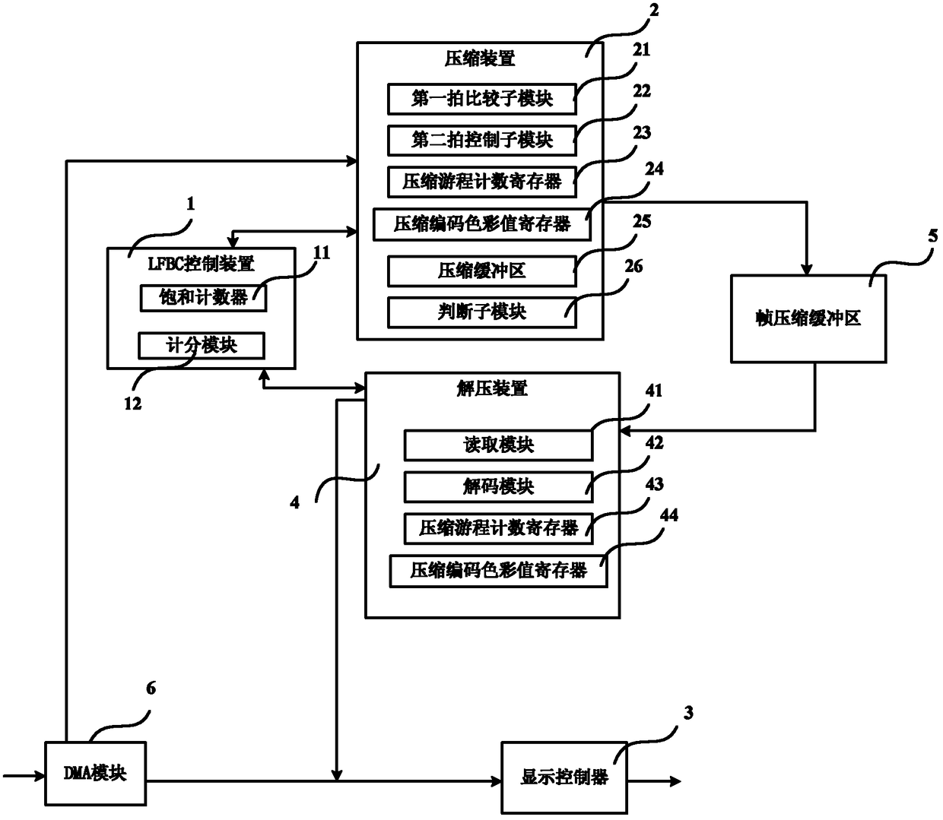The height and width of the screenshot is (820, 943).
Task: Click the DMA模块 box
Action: [x=95, y=773]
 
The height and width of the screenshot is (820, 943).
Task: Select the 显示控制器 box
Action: [x=564, y=777]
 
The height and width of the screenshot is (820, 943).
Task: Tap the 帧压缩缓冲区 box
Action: [x=808, y=318]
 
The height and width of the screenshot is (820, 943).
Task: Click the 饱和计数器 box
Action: [x=203, y=298]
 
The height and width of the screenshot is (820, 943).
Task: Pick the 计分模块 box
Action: [x=202, y=345]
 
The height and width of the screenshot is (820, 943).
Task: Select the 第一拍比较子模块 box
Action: [x=481, y=99]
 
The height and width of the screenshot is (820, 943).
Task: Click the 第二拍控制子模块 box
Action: [x=481, y=140]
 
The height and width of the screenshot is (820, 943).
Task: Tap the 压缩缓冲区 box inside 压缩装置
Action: [x=481, y=271]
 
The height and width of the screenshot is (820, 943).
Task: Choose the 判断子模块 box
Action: [x=481, y=312]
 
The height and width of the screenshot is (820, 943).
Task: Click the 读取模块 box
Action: [x=498, y=445]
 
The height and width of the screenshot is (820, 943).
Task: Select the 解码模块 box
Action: [x=498, y=486]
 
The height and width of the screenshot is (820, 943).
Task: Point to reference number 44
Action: [x=669, y=515]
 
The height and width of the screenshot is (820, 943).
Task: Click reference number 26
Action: [x=633, y=266]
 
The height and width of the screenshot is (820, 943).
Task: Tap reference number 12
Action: [x=133, y=404]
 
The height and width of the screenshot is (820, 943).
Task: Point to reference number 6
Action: [x=151, y=689]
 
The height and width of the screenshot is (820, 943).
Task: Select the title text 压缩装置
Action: [x=480, y=59]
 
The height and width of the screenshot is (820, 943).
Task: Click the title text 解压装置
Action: [x=492, y=388]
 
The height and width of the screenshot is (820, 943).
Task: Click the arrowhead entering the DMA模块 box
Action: [x=40, y=776]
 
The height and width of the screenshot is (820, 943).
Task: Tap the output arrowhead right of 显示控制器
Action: [x=675, y=781]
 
